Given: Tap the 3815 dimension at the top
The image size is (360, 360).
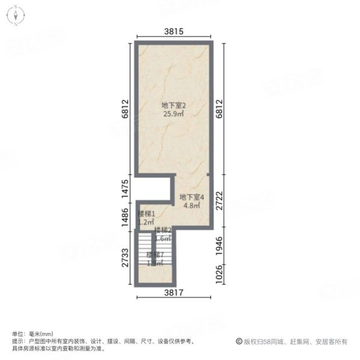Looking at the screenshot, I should point(173,31).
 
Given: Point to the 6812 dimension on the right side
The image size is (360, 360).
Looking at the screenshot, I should point(220,109).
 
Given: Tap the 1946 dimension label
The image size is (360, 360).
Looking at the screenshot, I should point(220,247).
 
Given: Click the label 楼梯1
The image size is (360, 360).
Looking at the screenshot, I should point(146,214).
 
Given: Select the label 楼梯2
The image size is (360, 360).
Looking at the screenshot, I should point(163,230).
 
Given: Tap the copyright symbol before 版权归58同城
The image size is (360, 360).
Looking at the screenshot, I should point(239,341).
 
